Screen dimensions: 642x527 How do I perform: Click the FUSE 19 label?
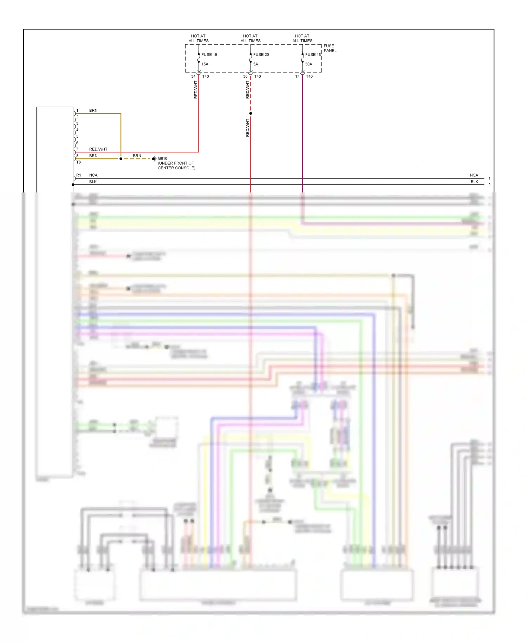point(209,54)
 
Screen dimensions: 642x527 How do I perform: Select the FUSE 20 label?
point(261,54)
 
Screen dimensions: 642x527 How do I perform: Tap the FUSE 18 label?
point(313,54)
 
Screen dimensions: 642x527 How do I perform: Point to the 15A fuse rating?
point(205,64)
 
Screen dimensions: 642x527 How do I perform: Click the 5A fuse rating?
point(256,64)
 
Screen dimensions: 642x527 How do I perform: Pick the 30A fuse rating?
point(308,64)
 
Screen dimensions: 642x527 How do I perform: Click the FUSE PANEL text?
point(330,48)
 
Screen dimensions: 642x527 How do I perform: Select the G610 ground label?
point(162,158)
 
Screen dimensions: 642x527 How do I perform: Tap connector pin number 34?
point(193,76)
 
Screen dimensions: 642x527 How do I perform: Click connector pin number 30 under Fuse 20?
point(245,76)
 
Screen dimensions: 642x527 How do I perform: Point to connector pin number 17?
point(297,76)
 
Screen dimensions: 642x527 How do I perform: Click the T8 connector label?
point(78,162)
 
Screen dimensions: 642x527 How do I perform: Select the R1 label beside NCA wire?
point(79,175)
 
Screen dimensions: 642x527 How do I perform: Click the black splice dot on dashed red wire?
point(251,113)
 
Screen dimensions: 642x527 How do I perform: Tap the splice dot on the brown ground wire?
point(121,159)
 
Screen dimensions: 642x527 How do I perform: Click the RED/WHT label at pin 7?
point(98,149)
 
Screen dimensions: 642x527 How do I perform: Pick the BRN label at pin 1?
point(93,110)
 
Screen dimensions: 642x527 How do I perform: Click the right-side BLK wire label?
point(474,182)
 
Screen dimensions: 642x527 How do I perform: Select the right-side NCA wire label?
point(474,175)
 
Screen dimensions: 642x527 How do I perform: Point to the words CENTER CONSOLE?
point(176,168)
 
